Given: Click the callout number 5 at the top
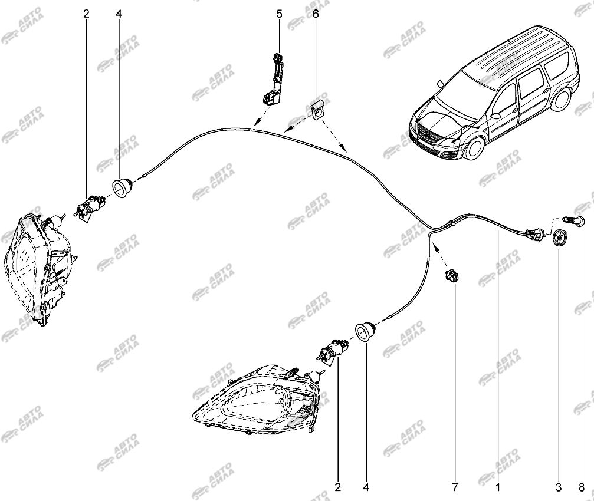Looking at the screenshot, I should (280, 13).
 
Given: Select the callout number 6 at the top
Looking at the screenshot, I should (316, 13).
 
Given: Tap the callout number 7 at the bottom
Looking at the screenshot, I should (455, 487).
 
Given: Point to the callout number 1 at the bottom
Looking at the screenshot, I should (498, 487).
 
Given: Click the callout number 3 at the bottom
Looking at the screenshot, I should (558, 487).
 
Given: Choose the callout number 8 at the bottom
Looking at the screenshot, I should (582, 487).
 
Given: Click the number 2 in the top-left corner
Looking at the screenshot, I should (86, 13).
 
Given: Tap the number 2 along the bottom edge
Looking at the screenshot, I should (338, 487).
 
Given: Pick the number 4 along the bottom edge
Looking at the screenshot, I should (366, 487).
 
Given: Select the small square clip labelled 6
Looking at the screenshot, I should (319, 110).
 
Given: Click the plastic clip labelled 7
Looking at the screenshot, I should (452, 275).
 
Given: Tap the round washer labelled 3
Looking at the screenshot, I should (558, 239).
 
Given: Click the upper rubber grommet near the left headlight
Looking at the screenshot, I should (122, 187).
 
